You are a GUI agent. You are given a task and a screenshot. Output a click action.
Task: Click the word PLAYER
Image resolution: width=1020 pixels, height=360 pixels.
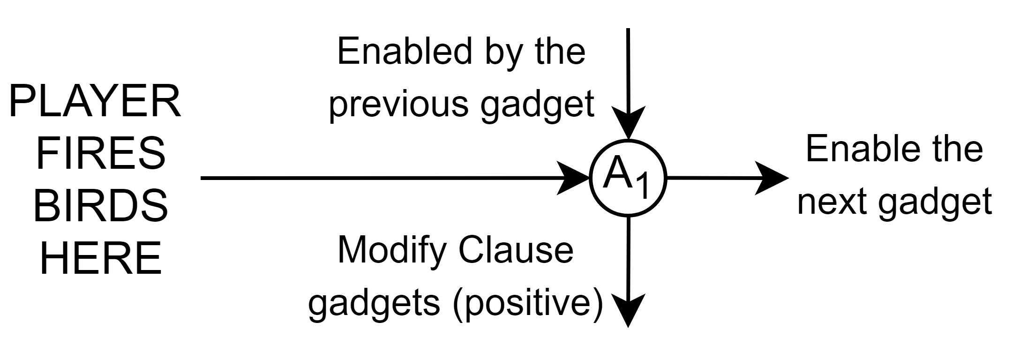point(95,103)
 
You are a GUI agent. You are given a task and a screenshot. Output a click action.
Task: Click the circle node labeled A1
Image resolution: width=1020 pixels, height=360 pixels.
point(628,178)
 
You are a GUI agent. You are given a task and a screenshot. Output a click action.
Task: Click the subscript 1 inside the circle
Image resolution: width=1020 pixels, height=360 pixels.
point(643,187)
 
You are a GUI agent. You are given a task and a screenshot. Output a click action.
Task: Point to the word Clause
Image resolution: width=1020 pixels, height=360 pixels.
point(516,250)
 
